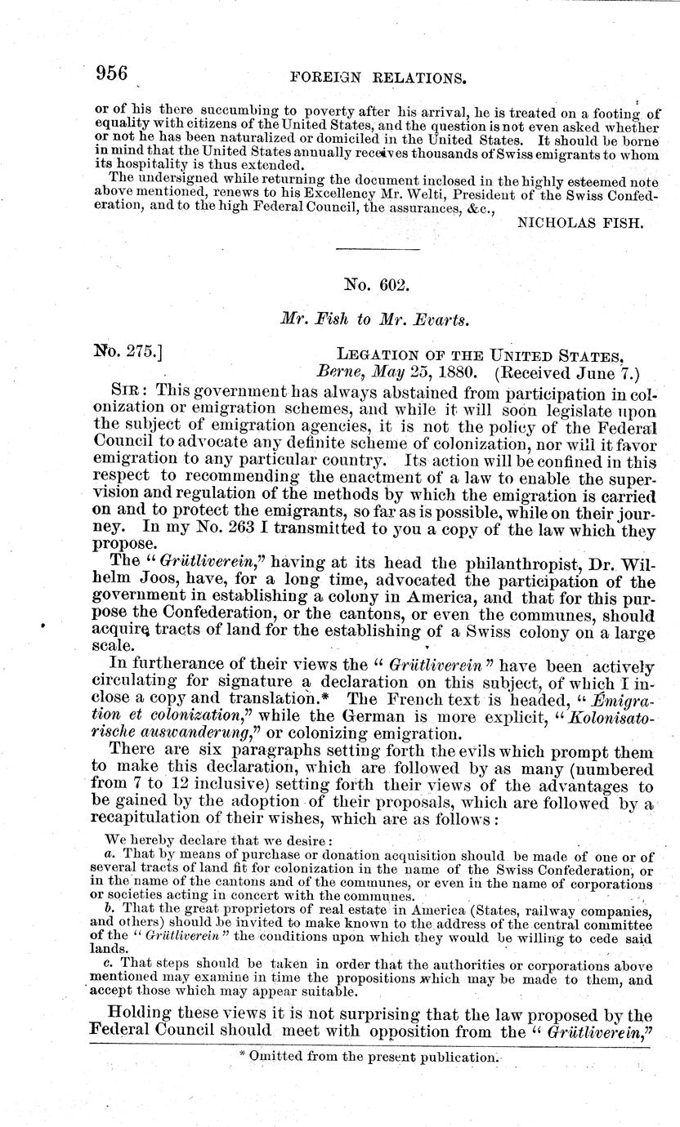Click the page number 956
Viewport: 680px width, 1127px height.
[112, 74]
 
